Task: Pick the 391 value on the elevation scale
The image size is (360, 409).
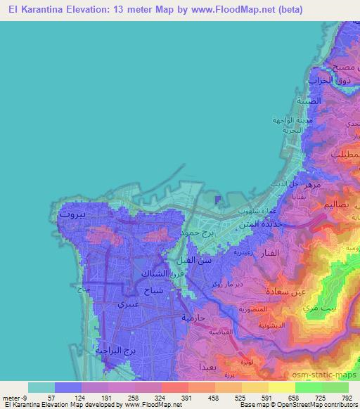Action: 188,397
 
